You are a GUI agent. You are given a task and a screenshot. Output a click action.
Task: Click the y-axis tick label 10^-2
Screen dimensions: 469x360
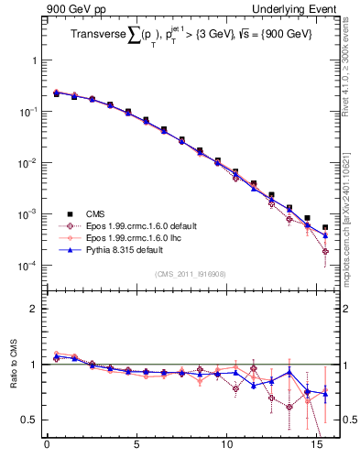click(x=27, y=163)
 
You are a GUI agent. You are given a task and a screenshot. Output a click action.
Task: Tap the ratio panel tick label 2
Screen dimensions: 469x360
click(x=35, y=309)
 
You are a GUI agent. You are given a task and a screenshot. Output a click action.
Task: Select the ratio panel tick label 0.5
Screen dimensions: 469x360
click(x=30, y=420)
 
